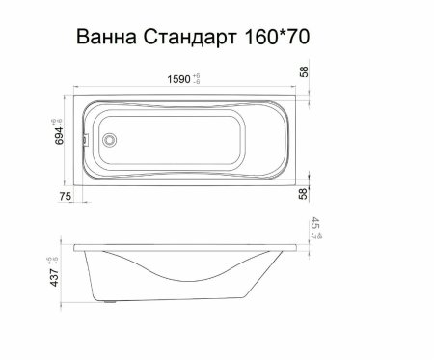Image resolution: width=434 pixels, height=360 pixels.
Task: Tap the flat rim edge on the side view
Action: [183, 236]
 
